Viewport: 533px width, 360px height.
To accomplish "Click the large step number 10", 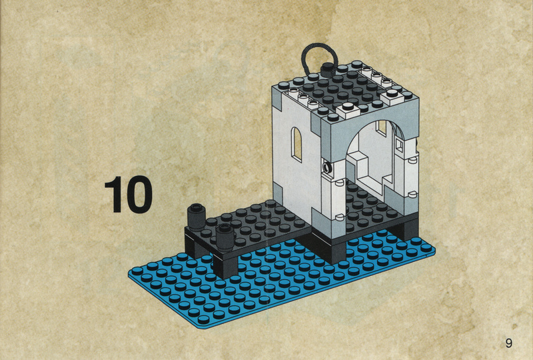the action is pos(129,195).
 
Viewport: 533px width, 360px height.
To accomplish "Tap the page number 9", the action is pos(508,343).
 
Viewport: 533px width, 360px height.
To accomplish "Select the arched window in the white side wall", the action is pos(296,144).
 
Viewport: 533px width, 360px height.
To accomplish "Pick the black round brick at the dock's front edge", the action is pos(225,237).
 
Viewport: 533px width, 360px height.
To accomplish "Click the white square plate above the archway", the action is pos(348,110).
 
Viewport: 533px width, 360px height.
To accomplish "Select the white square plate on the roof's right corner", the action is pos(393,96).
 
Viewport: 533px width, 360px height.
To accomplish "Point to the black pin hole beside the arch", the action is pos(328,167).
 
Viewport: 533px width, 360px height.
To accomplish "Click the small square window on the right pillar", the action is pos(399,145).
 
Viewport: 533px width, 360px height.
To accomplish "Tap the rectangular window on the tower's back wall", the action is pos(381,127).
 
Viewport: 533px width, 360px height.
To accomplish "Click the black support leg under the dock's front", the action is pos(226,267).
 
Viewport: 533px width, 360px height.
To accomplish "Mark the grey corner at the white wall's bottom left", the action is pos(278,193).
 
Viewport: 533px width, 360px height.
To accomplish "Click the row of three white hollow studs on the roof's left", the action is pos(304,97).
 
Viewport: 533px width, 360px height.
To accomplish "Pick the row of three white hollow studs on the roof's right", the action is pos(376,76).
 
